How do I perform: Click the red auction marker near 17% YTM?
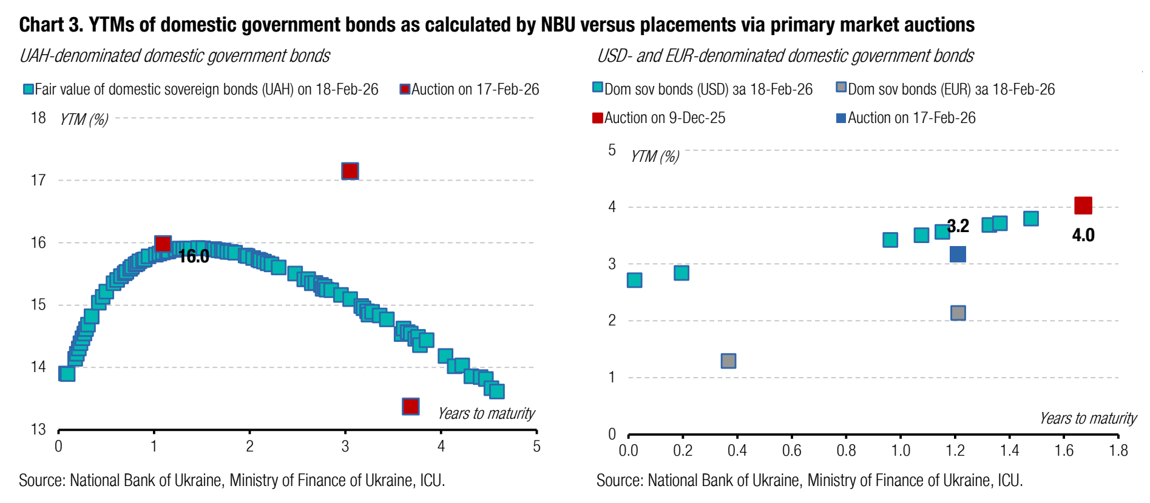point(350,171)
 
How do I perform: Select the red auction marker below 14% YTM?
point(411,406)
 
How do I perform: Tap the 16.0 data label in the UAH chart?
point(194,256)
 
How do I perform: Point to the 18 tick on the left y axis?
point(38,118)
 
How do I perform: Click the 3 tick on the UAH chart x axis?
point(345,447)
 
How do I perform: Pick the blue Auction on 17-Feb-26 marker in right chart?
point(958,254)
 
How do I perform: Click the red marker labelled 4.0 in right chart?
point(1083,205)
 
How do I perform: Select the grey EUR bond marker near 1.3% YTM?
point(728,361)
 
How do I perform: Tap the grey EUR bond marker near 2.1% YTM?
point(958,313)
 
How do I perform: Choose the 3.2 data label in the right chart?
point(958,226)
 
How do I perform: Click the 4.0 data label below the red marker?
point(1083,235)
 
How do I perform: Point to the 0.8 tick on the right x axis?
point(846,450)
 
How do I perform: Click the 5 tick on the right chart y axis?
point(612,150)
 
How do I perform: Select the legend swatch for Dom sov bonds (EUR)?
point(841,87)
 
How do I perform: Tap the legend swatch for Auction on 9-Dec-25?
point(598,118)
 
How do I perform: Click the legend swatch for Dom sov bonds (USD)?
point(598,87)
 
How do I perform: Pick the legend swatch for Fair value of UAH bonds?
point(28,89)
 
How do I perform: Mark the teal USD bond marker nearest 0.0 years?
point(634,280)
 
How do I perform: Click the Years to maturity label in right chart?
point(1087,418)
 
